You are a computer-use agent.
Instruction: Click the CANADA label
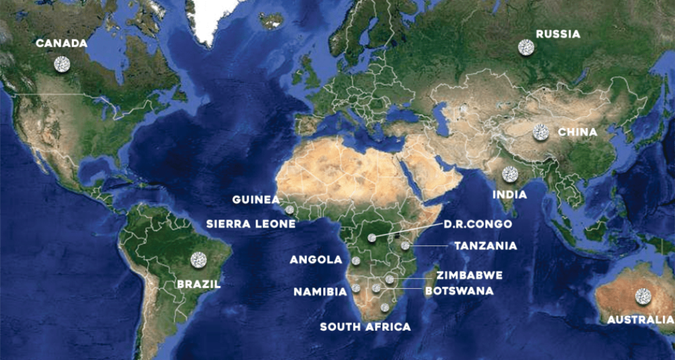pos(62,43)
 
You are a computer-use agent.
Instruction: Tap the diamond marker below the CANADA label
pos(62,64)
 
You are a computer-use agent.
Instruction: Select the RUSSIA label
pos(558,34)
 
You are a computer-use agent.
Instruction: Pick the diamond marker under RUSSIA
pos(526,47)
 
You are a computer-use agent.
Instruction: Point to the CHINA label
pos(577,132)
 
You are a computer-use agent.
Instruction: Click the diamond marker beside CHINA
pos(540,132)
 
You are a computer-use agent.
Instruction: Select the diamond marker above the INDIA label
pos(510,174)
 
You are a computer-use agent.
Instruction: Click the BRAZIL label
pos(199,284)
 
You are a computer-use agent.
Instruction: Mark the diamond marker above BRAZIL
pos(199,259)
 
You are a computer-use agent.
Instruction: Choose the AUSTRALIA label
pos(636,319)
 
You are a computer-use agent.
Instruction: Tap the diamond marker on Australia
pos(642,296)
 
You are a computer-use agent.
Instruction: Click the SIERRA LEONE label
pos(251,224)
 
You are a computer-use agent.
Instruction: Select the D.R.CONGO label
pos(478,224)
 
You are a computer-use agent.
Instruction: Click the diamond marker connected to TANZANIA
pos(405,246)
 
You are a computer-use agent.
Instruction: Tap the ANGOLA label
pos(316,260)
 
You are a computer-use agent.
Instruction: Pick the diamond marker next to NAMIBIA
pos(356,288)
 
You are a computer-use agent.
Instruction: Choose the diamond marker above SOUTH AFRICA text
pos(385,307)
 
